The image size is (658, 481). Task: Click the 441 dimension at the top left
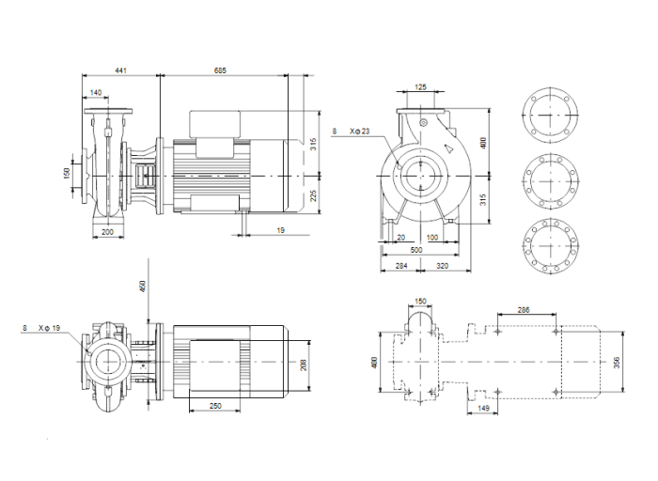[122, 70]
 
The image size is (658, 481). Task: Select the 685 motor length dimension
[220, 70]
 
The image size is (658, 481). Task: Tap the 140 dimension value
[98, 92]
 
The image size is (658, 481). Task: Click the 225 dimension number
[314, 195]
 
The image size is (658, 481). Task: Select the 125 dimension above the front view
[420, 87]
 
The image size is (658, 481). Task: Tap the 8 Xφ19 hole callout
[41, 328]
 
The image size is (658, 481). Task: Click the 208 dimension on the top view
[303, 363]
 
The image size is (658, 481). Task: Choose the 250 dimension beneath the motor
[216, 405]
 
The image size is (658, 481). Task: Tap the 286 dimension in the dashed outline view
[523, 308]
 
